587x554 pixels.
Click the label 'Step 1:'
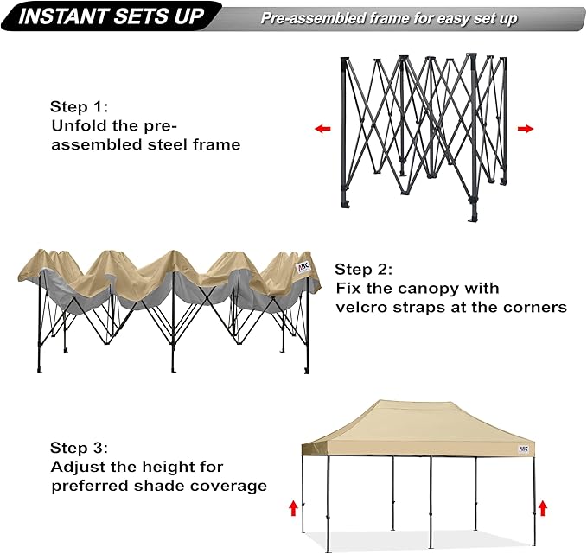tap(79, 106)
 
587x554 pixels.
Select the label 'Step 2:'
tap(364, 269)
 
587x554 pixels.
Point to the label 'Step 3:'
tap(79, 448)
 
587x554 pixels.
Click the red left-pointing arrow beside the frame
tap(322, 129)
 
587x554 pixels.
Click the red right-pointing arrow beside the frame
tap(525, 129)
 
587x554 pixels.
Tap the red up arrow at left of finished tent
tap(292, 507)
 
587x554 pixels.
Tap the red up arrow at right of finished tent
tap(542, 507)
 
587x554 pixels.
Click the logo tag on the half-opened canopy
tap(303, 268)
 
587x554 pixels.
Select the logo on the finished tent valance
tap(524, 449)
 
